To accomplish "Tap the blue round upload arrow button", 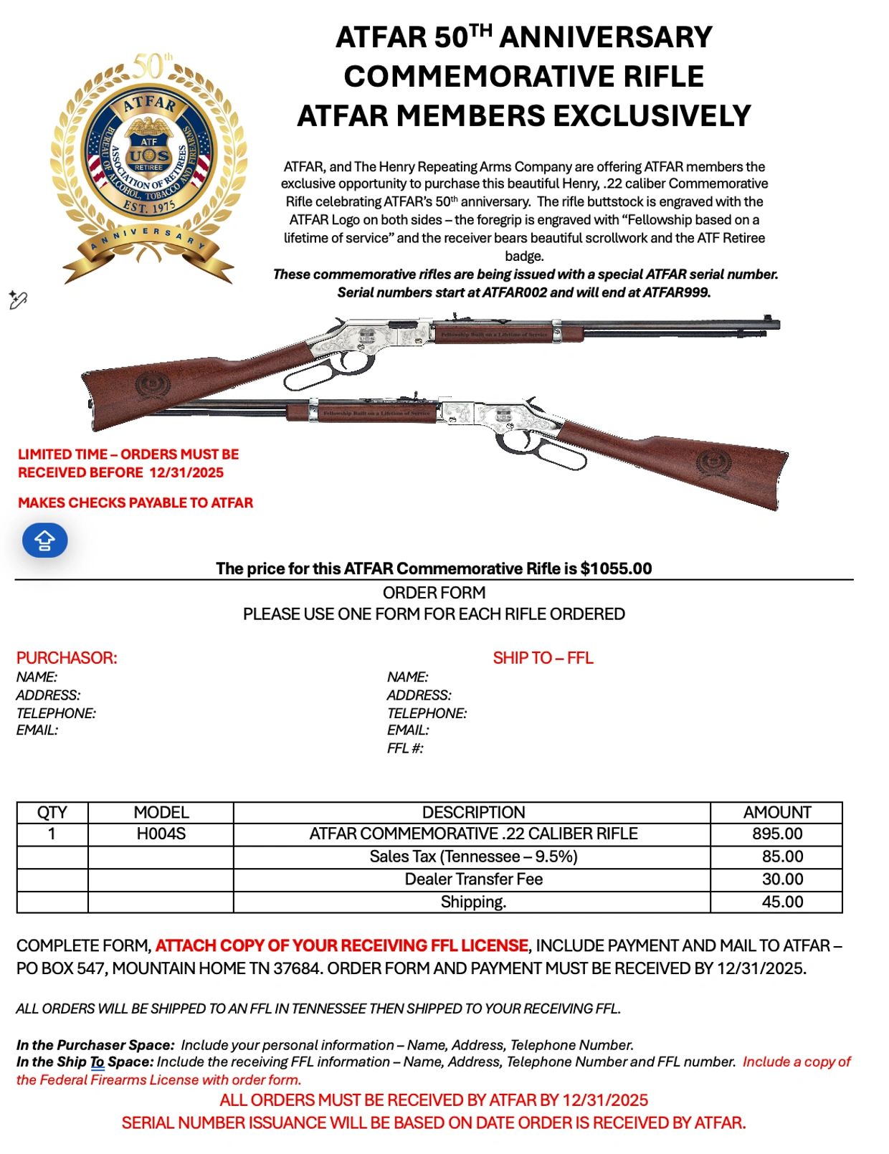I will click(44, 540).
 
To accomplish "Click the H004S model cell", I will click(161, 834).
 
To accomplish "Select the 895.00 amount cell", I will click(776, 834).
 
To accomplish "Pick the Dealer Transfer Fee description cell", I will click(472, 879).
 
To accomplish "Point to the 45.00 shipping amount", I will click(781, 902).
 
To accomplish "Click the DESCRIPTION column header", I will click(472, 813).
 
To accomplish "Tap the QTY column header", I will click(52, 813).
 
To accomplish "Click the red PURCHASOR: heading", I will click(67, 658).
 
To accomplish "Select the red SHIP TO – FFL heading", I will click(543, 658).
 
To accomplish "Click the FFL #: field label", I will click(405, 749).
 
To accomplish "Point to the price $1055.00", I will click(616, 569).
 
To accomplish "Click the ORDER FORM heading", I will click(434, 593).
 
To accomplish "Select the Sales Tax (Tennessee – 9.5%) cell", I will click(472, 857).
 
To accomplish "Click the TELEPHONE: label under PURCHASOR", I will click(56, 713).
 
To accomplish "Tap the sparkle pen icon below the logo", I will click(18, 300).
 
